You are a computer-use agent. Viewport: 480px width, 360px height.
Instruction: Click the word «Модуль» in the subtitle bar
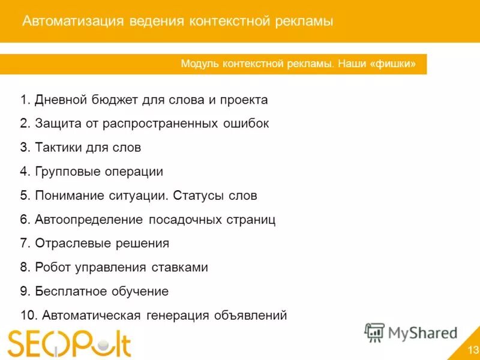(201, 64)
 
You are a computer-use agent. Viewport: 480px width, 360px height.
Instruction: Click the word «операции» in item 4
(134, 172)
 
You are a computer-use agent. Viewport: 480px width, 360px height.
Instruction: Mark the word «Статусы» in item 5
(200, 196)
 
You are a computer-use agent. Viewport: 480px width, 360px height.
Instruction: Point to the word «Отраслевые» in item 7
(68, 244)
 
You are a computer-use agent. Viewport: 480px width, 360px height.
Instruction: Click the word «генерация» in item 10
(177, 316)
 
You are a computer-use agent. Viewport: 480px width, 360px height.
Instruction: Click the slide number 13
(473, 350)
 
